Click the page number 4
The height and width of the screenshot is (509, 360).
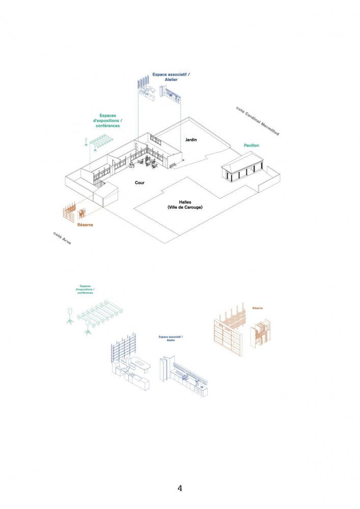pyautogui.click(x=180, y=488)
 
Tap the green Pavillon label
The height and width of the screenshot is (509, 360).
pyautogui.click(x=251, y=146)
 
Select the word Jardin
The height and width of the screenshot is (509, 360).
pyautogui.click(x=191, y=139)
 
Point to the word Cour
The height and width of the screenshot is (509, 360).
pyautogui.click(x=140, y=182)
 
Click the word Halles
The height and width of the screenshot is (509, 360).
pyautogui.click(x=184, y=202)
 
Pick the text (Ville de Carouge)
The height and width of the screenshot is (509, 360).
pyautogui.click(x=184, y=208)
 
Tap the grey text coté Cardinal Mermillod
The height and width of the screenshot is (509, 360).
pyautogui.click(x=258, y=121)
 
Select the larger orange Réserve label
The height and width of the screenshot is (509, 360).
pyautogui.click(x=85, y=224)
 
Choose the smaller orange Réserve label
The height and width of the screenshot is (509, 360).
pyautogui.click(x=257, y=308)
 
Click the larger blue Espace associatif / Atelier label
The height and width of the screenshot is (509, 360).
pyautogui.click(x=171, y=77)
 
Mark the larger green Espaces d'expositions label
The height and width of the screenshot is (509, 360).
pyautogui.click(x=107, y=120)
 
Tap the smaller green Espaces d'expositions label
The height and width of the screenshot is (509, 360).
pyautogui.click(x=86, y=289)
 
